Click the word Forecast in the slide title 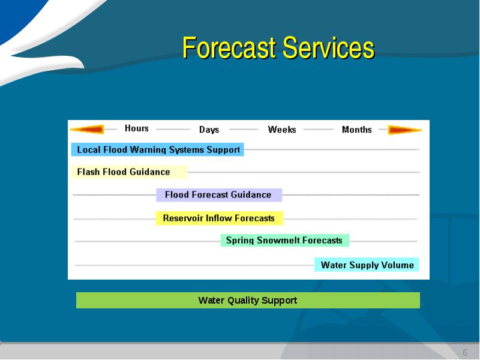point(229,47)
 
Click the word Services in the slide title point(328,47)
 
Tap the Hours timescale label point(137,128)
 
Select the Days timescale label point(209,130)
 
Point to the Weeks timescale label point(282,130)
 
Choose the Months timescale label point(356,130)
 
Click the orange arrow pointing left point(87,129)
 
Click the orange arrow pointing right point(404,130)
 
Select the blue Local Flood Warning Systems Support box point(157,149)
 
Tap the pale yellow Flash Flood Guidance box point(129,172)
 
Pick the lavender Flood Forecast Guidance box point(219,194)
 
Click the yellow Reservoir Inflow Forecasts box point(219,218)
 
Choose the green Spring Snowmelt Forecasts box point(284,241)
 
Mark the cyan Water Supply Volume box point(367,265)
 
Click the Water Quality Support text point(248,301)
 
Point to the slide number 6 point(464,352)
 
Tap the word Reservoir point(183,218)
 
